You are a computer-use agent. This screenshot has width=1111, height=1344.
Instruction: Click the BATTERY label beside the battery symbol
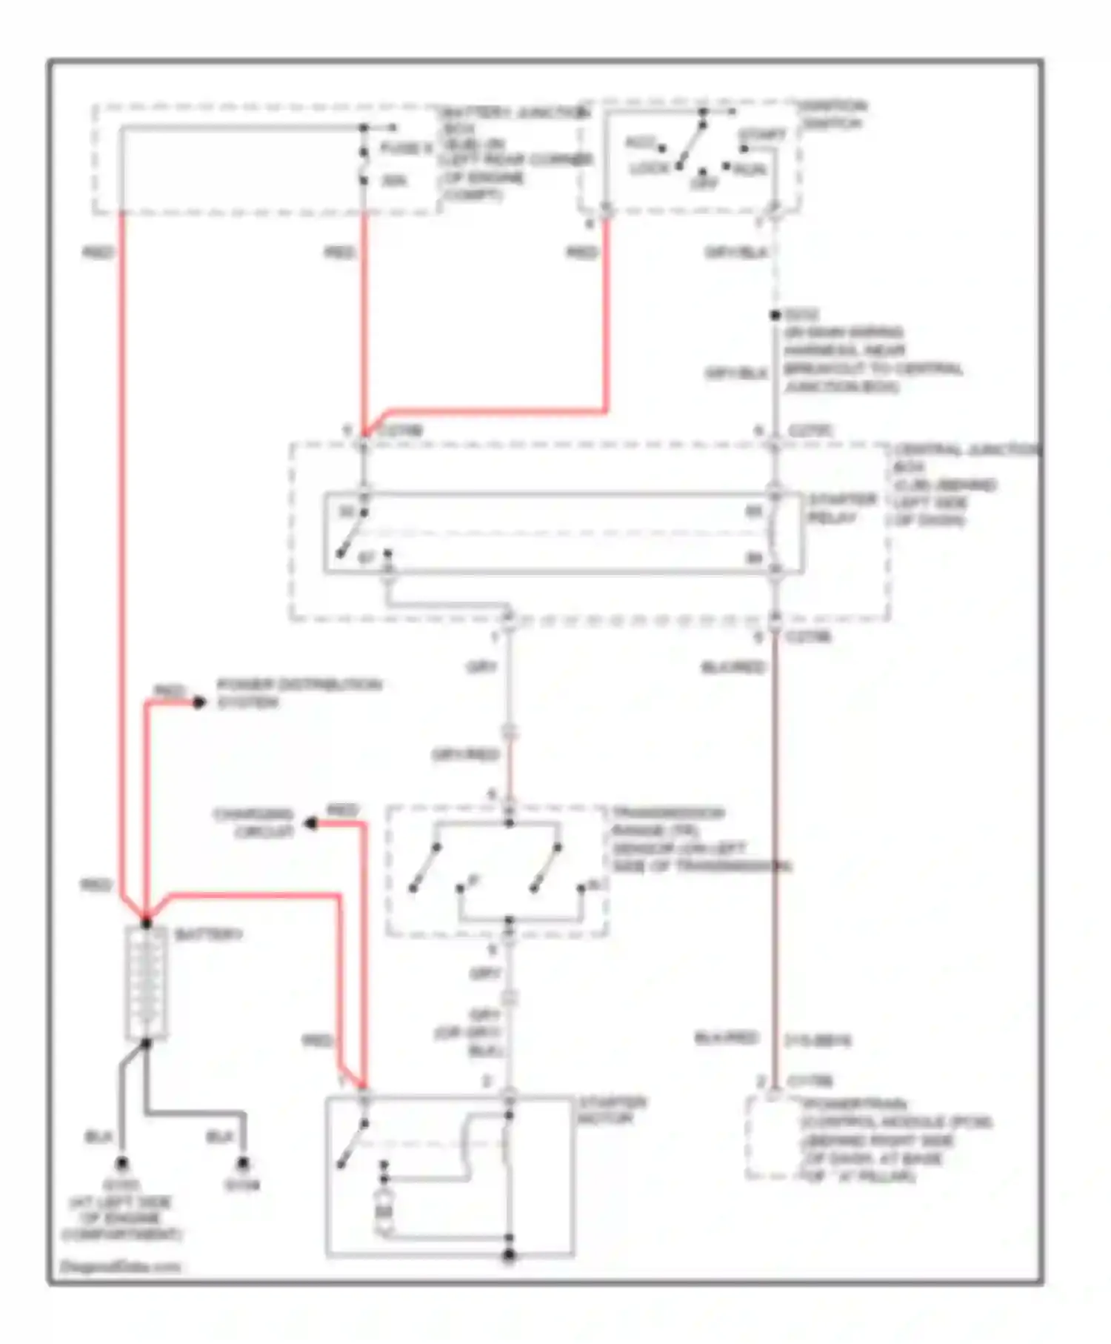[x=208, y=934]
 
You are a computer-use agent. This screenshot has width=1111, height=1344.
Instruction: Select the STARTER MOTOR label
[x=611, y=1110]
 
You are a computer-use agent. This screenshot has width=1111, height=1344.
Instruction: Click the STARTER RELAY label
[x=841, y=508]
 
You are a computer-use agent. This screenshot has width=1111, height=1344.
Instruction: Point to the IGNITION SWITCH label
[x=833, y=114]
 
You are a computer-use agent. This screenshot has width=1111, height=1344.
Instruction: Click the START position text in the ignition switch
[x=762, y=136]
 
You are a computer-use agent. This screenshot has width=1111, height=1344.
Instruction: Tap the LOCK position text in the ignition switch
[x=650, y=169]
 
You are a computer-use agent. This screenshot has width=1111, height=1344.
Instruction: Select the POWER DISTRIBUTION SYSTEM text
[x=298, y=693]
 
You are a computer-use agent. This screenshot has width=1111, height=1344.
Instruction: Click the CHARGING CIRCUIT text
[x=254, y=822]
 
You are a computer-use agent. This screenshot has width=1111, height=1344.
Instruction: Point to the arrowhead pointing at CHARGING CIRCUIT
[x=312, y=823]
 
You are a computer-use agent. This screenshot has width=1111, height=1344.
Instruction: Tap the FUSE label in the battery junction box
[x=405, y=149]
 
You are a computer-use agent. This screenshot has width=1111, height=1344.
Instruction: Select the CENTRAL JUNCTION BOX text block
[x=963, y=485]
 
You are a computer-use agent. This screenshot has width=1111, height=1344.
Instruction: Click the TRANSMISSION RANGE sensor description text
[x=700, y=839]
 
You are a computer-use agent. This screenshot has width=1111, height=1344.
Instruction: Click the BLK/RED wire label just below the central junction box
[x=733, y=668]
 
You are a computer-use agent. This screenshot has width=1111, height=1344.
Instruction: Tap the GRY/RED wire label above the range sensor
[x=466, y=755]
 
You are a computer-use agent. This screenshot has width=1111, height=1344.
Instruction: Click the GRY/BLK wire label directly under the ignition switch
[x=736, y=253]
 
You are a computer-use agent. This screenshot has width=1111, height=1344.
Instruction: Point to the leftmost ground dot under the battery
[x=122, y=1163]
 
